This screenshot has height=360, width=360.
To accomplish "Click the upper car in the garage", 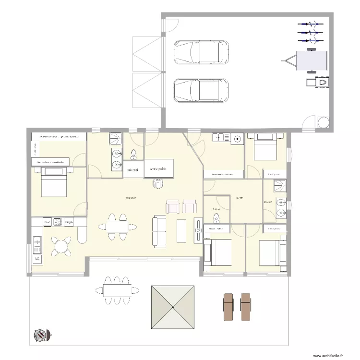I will coord(201,52).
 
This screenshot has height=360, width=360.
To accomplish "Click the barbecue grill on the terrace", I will coord(41,334).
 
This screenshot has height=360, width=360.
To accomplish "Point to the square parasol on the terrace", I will coord(174,308).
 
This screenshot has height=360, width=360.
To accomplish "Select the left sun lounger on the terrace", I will coord(227,307).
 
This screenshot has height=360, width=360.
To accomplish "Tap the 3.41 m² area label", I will coord(216,209).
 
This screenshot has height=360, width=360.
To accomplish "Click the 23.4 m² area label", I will coord(268,202).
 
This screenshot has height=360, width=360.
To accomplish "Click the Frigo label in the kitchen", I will coord(69,222).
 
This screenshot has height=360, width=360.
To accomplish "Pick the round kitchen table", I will coord(61,247).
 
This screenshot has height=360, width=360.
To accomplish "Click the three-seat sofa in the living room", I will coord(160,231).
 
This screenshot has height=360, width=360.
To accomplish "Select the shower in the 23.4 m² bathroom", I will coord(279,187).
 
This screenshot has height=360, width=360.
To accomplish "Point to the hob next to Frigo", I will coord(58,222).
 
